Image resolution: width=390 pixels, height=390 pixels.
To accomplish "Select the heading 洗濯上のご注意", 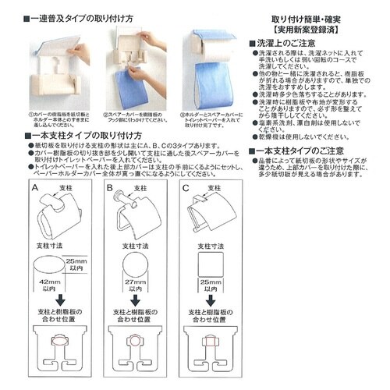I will [x=280, y=41].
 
